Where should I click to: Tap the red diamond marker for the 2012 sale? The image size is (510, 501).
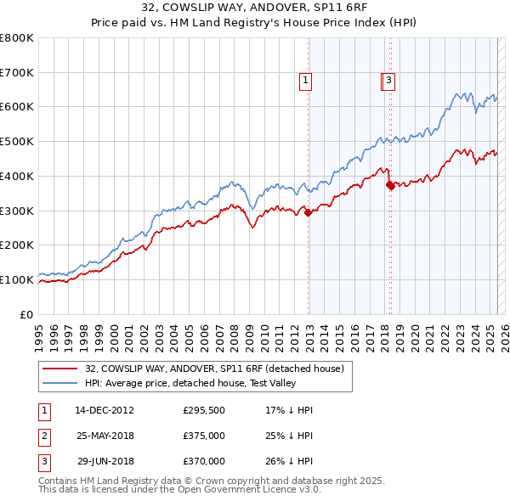click(x=308, y=212)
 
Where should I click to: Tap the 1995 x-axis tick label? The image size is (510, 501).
click(x=38, y=331)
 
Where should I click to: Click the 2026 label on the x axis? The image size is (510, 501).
click(x=504, y=331)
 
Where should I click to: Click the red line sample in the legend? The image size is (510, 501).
click(x=59, y=369)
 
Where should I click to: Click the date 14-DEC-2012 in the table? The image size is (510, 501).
click(x=105, y=410)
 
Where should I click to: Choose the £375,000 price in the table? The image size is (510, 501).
click(x=204, y=436)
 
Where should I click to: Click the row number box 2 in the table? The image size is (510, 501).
click(x=43, y=436)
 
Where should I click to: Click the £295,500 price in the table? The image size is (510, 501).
click(x=204, y=410)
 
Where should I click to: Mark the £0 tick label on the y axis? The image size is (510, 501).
click(x=26, y=314)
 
